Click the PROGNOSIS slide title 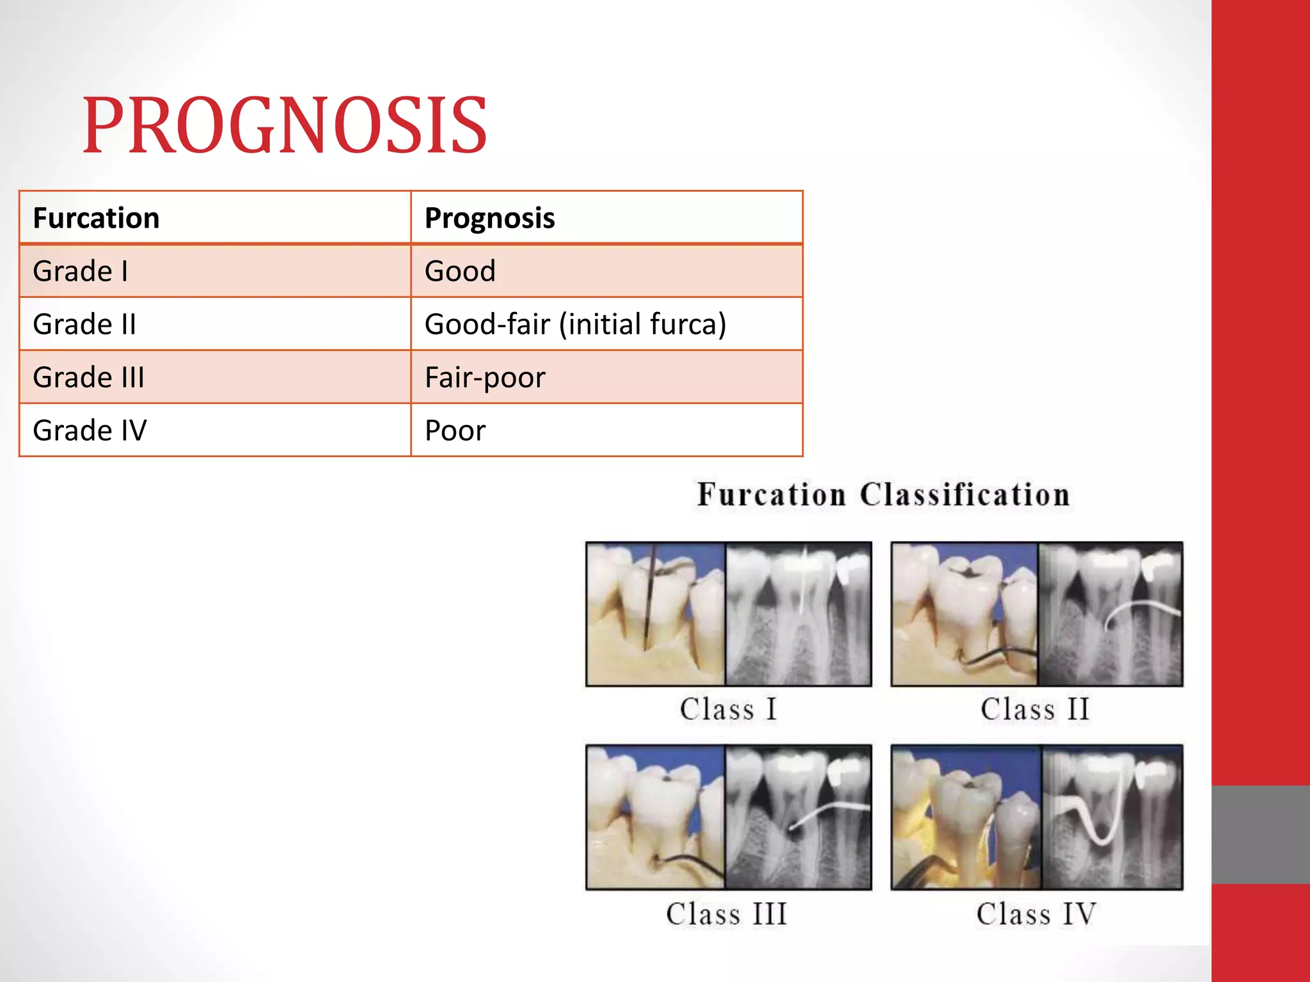pyautogui.click(x=285, y=126)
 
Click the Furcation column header pyautogui.click(x=96, y=218)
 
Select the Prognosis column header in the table pyautogui.click(x=489, y=218)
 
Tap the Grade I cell pyautogui.click(x=81, y=271)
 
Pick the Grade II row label pyautogui.click(x=84, y=324)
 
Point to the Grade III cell pyautogui.click(x=88, y=377)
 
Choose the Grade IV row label pyautogui.click(x=90, y=430)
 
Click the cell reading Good pyautogui.click(x=460, y=271)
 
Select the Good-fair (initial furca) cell pyautogui.click(x=575, y=324)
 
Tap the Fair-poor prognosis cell pyautogui.click(x=485, y=377)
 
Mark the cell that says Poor pyautogui.click(x=455, y=430)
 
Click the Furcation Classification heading pyautogui.click(x=883, y=495)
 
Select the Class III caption pyautogui.click(x=726, y=914)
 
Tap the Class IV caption pyautogui.click(x=1036, y=914)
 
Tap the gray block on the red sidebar pyautogui.click(x=1260, y=834)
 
